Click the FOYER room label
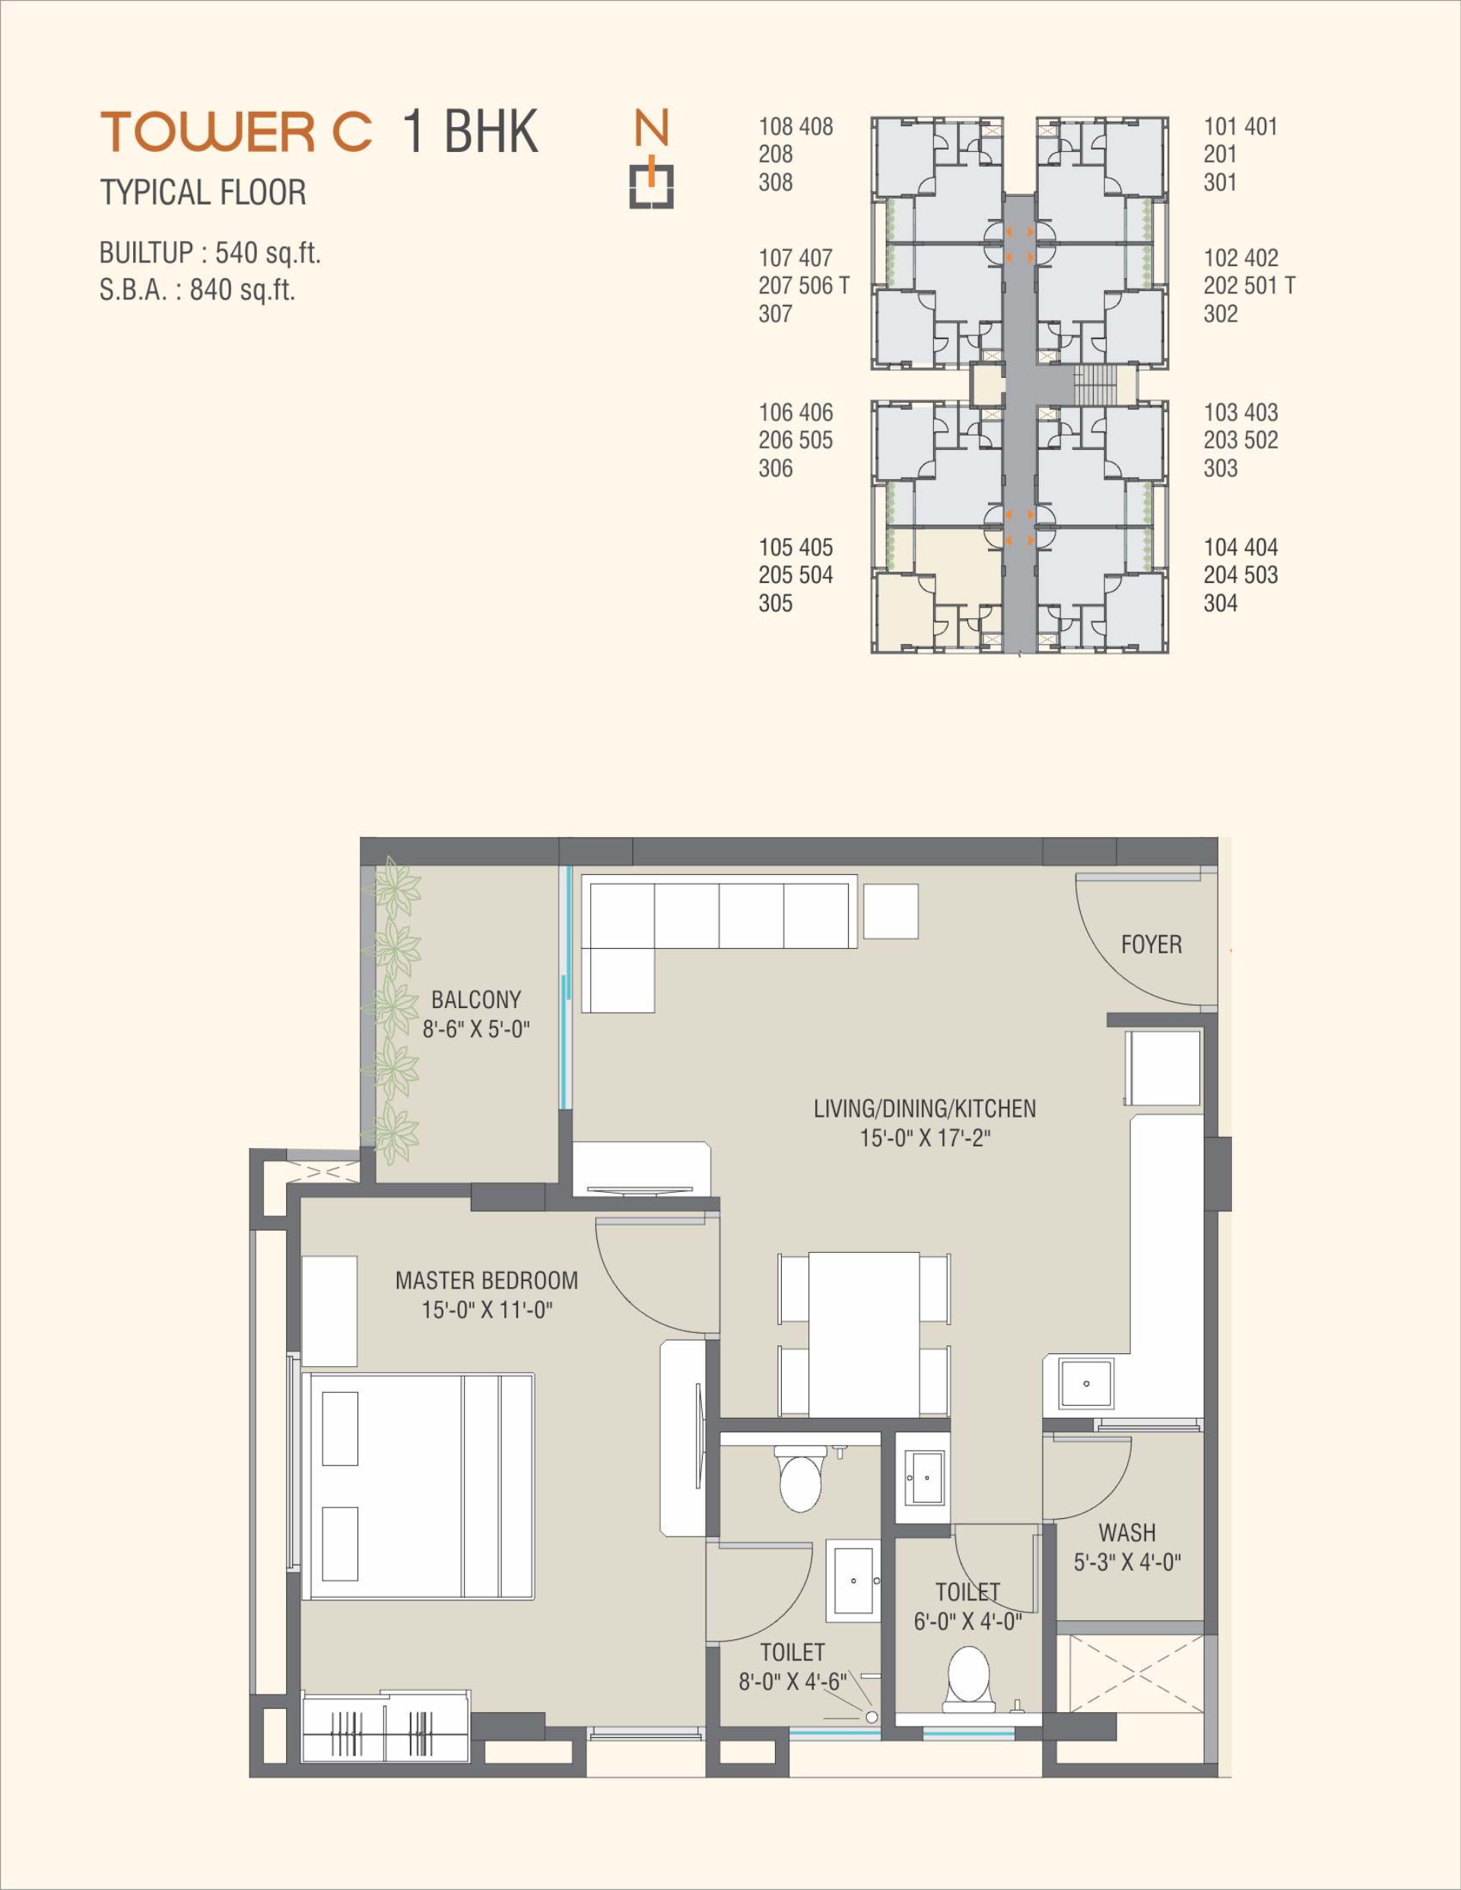coord(1151,944)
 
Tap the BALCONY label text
coord(476,1000)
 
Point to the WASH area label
coord(1127,1533)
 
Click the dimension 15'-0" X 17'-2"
coord(924,1138)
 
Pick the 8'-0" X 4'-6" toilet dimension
coord(792,1682)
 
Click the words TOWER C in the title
coord(237,132)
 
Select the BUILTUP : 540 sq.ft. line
coord(211,254)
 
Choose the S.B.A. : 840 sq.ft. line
coord(197,289)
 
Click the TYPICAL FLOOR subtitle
coord(203,192)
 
